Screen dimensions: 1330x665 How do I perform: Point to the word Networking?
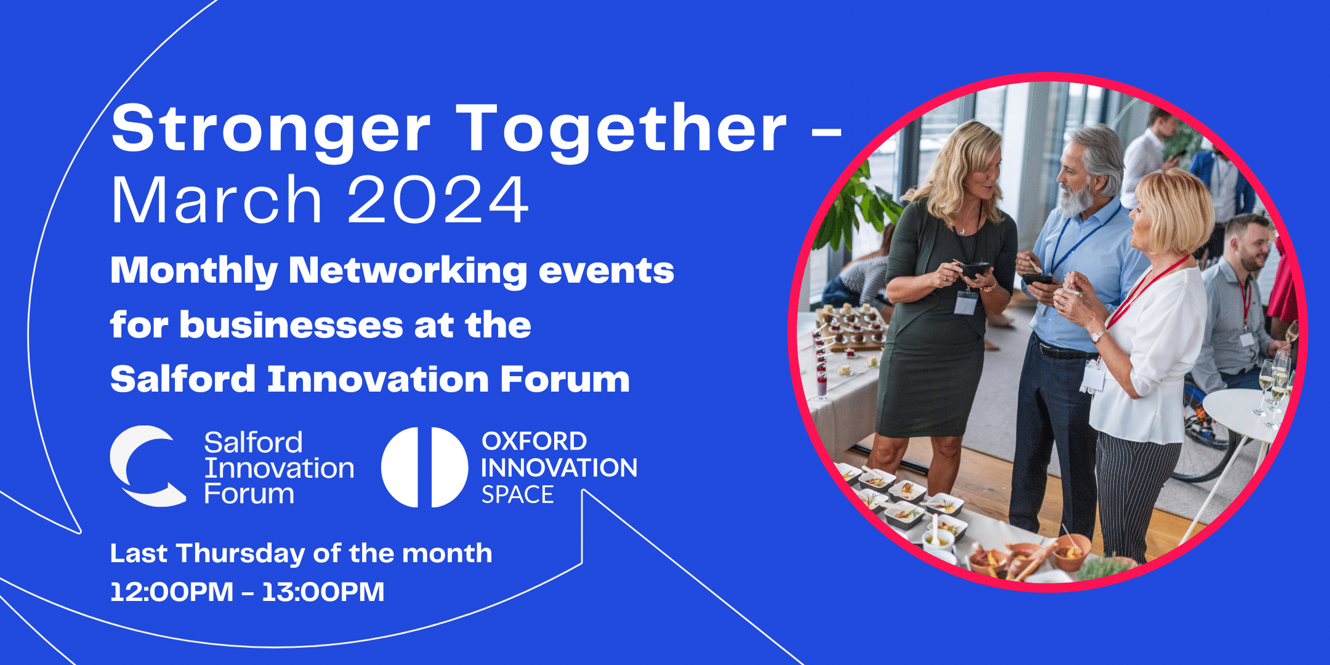[408, 272]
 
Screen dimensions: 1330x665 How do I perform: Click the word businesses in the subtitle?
[292, 324]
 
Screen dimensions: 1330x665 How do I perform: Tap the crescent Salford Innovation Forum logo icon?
[148, 466]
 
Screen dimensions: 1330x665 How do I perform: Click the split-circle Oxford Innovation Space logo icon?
[424, 467]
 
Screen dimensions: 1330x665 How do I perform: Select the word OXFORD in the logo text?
[534, 441]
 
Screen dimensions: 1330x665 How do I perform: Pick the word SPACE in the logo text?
[517, 495]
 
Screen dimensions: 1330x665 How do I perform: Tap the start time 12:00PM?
[172, 592]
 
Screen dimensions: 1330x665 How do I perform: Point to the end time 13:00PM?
[323, 592]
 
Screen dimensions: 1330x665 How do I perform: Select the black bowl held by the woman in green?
[973, 270]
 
